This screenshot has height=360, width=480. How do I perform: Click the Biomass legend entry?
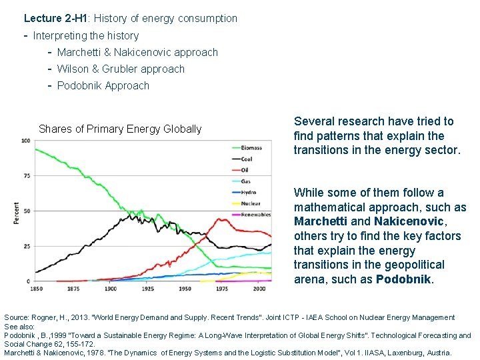(x=251, y=147)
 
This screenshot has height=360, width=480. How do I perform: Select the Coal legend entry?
(x=247, y=159)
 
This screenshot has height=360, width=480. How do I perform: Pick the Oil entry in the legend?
(x=244, y=170)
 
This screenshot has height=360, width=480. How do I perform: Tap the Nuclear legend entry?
(x=249, y=203)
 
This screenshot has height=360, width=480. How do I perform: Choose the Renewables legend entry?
(x=255, y=215)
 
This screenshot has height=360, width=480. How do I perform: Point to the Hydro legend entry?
(x=247, y=192)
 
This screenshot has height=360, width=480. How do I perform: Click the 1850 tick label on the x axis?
(x=36, y=289)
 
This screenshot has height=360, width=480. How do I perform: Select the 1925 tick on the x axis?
(x=147, y=289)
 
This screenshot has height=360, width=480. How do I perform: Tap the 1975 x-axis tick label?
(x=221, y=289)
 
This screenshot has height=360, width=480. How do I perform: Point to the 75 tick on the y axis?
(x=25, y=176)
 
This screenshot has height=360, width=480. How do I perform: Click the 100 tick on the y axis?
(x=25, y=141)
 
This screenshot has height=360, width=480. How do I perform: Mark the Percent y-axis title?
(x=16, y=212)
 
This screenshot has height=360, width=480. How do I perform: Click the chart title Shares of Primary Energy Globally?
(x=120, y=129)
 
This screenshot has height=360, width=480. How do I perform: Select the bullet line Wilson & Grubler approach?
(x=121, y=69)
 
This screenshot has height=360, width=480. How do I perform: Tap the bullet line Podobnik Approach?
(x=103, y=85)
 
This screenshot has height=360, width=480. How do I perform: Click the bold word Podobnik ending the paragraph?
(x=404, y=279)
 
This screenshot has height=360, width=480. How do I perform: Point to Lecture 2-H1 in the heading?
(x=51, y=19)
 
